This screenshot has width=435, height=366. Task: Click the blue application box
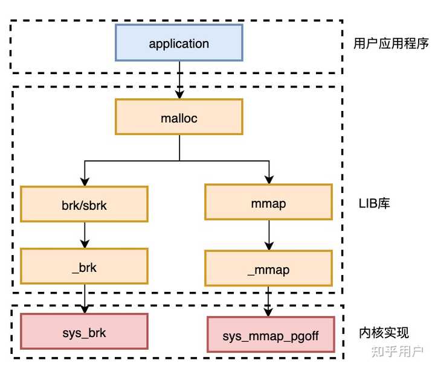(179, 43)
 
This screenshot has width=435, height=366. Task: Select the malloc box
(179, 117)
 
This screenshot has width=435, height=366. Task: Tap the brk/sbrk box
(84, 204)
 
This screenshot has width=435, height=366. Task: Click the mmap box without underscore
(268, 203)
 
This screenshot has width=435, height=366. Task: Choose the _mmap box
(268, 268)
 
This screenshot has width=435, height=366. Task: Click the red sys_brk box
(84, 331)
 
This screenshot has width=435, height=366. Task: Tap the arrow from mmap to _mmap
(268, 236)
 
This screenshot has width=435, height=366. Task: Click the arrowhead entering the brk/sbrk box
(84, 182)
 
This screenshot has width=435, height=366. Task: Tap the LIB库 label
(374, 203)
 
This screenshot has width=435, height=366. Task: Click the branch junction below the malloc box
(179, 161)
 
